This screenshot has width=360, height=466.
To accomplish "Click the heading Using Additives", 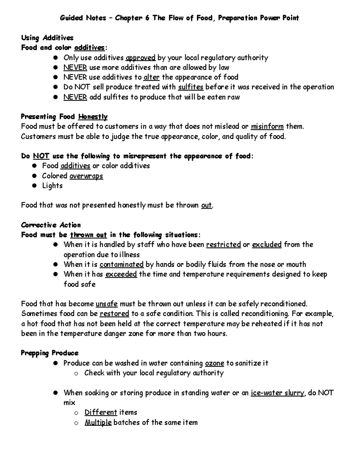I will (47, 38).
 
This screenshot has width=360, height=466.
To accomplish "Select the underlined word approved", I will (140, 58).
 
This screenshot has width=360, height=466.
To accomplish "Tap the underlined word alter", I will (151, 77).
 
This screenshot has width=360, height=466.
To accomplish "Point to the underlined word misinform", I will (267, 126).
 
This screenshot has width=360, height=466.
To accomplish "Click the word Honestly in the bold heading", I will (93, 117).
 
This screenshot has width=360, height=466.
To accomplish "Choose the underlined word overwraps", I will (86, 176).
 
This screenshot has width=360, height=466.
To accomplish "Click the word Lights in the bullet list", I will (52, 186).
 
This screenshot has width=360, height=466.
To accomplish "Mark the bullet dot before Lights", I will (35, 186).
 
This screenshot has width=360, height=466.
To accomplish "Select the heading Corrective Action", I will (51, 225).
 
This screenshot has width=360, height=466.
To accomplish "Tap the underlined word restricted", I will (223, 245).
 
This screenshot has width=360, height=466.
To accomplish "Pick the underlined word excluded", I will (267, 245).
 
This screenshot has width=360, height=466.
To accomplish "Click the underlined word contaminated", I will (121, 264).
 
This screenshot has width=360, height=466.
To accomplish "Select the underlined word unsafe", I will (106, 304).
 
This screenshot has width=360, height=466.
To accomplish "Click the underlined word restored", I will (114, 314).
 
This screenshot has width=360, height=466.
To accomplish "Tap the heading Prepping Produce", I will (50, 353).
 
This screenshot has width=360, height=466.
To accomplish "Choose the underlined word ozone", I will (214, 363).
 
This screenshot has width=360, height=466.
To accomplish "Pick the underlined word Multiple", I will (98, 422).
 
